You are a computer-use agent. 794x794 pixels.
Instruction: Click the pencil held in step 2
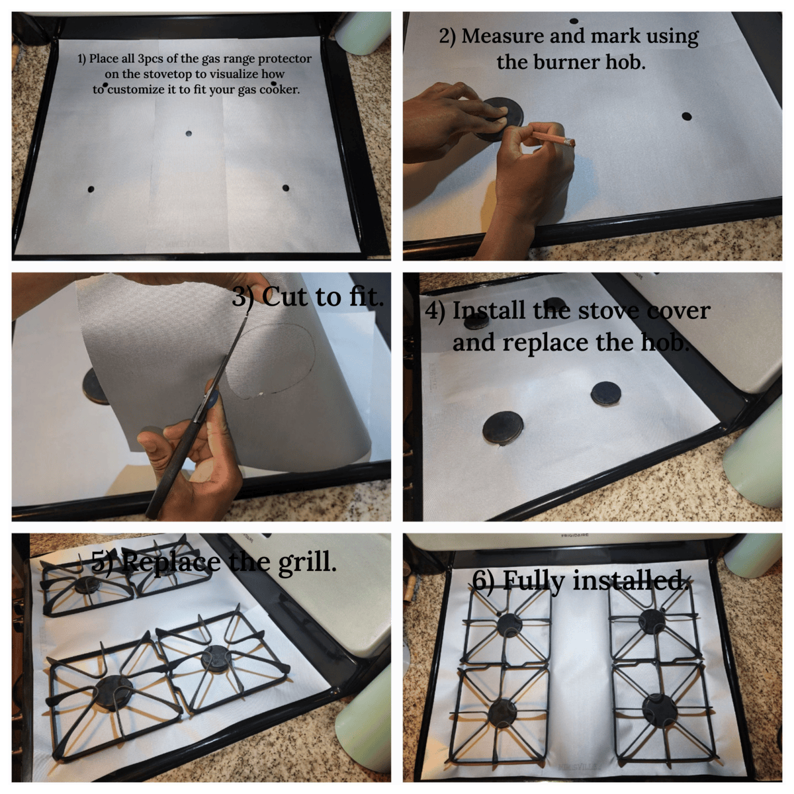pos(552,138)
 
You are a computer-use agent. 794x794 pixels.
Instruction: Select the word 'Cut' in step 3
pos(285,296)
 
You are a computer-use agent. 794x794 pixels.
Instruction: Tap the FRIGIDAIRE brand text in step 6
pos(575,536)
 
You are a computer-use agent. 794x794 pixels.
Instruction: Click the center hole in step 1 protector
pos(189,134)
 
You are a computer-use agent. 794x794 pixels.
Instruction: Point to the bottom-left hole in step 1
pos(91,189)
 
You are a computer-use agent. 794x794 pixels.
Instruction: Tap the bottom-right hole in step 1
pos(286,189)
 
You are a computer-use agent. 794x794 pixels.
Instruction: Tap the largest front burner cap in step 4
pos(503,428)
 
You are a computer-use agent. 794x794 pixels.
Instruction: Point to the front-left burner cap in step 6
pos(502,715)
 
